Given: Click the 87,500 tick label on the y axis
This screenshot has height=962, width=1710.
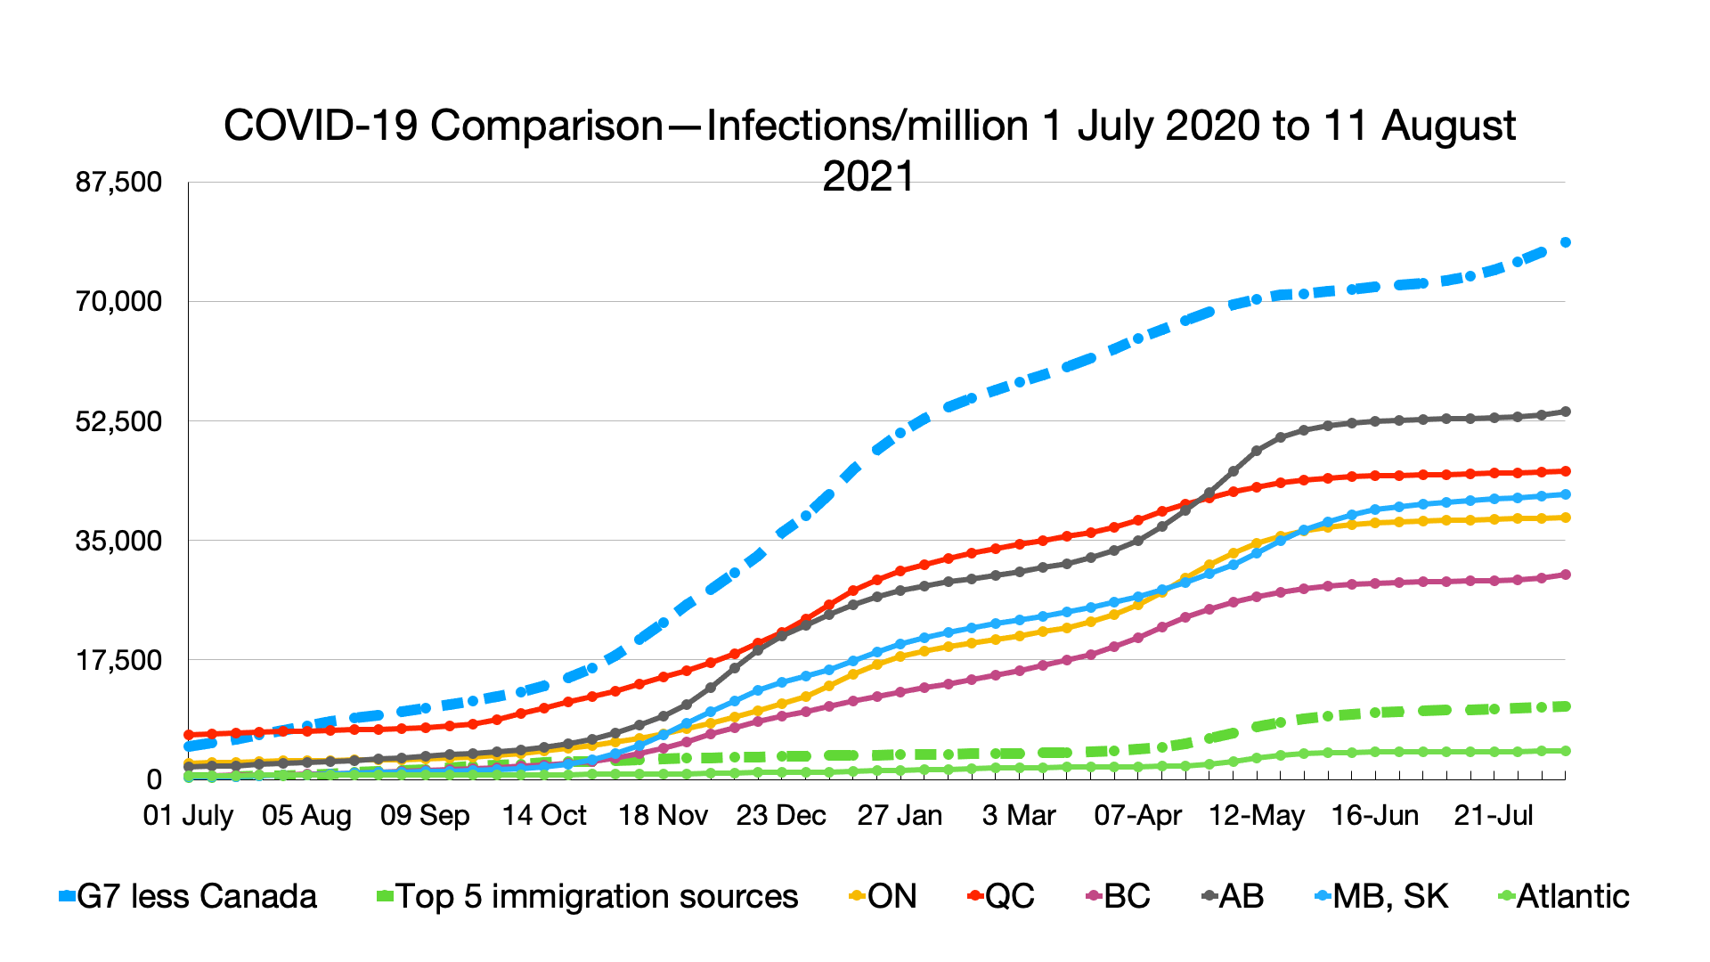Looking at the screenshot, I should [x=119, y=183].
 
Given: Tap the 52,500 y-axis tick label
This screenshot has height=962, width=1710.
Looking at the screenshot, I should [x=119, y=421].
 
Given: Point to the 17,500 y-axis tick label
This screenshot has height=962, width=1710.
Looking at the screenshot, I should [x=119, y=660].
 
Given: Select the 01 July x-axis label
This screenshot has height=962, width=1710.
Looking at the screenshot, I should [x=188, y=815].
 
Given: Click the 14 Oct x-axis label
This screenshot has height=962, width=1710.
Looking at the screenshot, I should [x=544, y=815].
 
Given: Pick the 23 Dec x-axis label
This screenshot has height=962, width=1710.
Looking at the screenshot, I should [x=781, y=815].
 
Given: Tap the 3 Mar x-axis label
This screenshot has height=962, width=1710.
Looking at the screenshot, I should [x=1019, y=815].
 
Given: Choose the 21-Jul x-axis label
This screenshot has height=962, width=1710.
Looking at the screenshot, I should [x=1494, y=815].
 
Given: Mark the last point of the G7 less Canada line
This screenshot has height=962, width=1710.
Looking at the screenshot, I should [x=1565, y=242].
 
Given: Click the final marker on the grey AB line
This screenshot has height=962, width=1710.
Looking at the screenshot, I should [x=1565, y=412].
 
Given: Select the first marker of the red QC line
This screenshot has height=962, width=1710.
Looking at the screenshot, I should [x=189, y=735].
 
